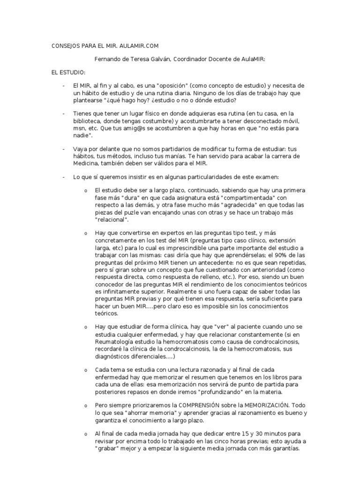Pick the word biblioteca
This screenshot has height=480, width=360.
(x=88, y=121)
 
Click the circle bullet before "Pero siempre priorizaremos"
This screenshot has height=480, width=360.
(x=85, y=406)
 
